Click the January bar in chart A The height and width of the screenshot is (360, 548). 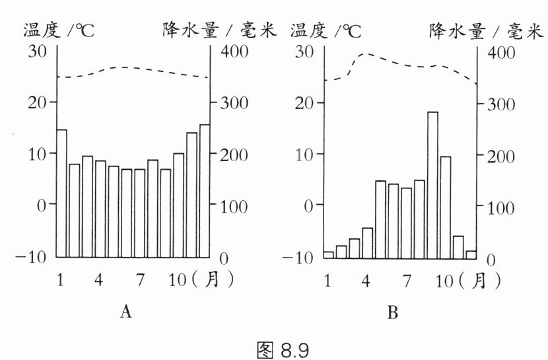pyautogui.click(x=62, y=193)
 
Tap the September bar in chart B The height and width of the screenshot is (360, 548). pyautogui.click(x=433, y=185)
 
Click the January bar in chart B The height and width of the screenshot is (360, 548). pyautogui.click(x=328, y=254)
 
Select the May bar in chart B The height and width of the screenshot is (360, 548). pyautogui.click(x=380, y=219)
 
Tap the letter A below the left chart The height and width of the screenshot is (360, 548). pyautogui.click(x=125, y=312)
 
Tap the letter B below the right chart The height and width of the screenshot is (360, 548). pyautogui.click(x=393, y=313)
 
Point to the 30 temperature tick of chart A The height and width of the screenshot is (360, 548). pyautogui.click(x=38, y=52)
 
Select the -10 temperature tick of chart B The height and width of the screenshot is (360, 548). pyautogui.click(x=302, y=257)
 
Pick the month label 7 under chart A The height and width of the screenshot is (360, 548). pyautogui.click(x=139, y=280)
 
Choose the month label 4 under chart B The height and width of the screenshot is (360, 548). pyautogui.click(x=365, y=280)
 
